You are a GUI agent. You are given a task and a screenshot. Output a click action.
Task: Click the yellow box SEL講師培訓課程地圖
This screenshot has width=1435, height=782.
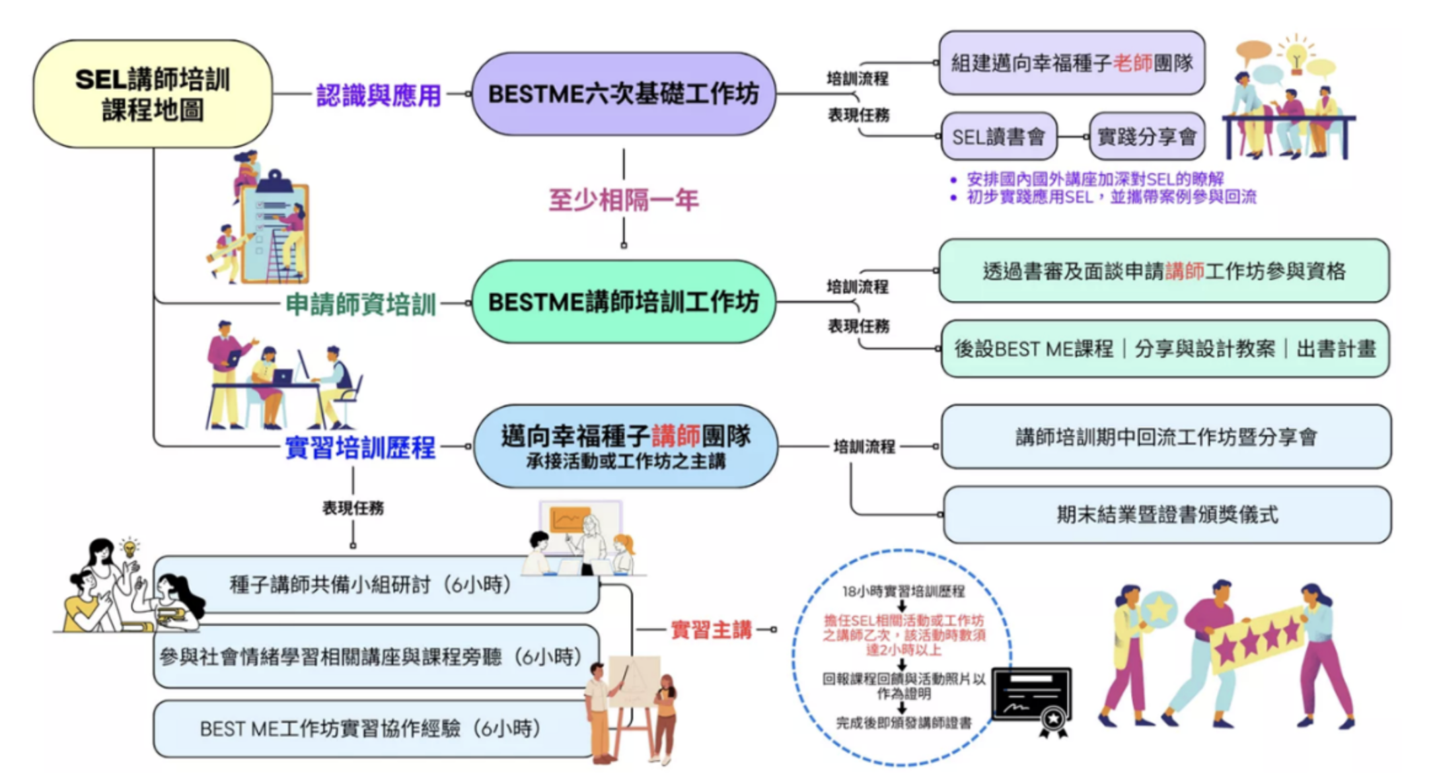[153, 94]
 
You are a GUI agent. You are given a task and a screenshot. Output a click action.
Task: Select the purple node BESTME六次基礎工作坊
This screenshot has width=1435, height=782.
[623, 94]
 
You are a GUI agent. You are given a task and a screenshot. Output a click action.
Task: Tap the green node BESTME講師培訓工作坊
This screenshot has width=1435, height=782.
[623, 302]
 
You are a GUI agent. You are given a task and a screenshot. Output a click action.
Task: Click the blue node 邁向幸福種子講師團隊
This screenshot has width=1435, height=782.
[625, 446]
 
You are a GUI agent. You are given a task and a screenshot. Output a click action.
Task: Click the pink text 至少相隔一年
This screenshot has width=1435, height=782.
[623, 199]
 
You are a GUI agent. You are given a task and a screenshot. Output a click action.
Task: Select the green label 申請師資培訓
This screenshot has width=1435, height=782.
[361, 304]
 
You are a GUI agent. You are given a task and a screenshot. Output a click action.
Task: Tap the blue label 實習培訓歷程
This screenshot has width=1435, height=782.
[360, 448]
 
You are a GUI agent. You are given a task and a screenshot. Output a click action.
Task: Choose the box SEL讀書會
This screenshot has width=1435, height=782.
[998, 137]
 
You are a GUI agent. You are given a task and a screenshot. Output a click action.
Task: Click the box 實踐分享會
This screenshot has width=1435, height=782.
[1146, 137]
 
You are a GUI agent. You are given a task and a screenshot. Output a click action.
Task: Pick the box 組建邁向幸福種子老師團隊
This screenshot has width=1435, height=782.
[1071, 63]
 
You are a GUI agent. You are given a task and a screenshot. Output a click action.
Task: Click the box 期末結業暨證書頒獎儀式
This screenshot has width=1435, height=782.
[1167, 515]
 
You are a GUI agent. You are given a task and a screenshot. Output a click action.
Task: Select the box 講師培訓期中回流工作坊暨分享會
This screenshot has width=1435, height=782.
[1166, 437]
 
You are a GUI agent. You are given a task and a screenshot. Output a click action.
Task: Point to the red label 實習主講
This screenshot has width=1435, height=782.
[711, 630]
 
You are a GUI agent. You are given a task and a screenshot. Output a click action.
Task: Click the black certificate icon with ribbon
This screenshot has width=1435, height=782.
[1032, 699]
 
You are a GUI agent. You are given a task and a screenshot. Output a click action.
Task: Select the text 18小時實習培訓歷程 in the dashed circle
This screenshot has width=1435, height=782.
[903, 591]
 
